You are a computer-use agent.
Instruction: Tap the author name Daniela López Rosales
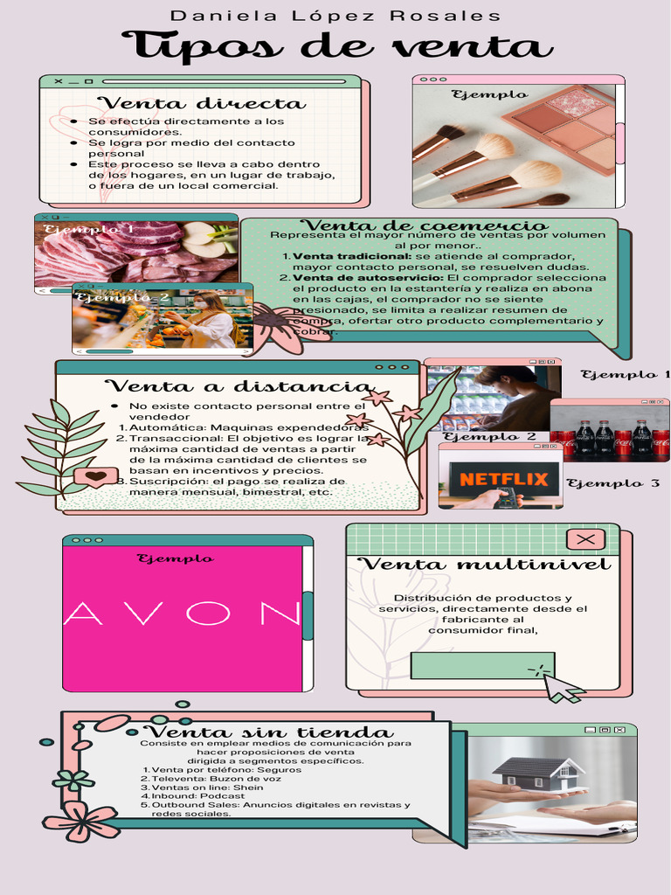335,16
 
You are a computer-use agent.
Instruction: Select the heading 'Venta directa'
200,104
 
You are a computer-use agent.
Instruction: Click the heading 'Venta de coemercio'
424,225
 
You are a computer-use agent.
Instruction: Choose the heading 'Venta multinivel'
485,565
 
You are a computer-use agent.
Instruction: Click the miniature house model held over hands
536,774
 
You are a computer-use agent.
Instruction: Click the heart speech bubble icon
95,477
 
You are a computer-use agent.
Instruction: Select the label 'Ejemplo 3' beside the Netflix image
612,482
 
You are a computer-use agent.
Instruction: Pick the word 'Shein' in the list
248,787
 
